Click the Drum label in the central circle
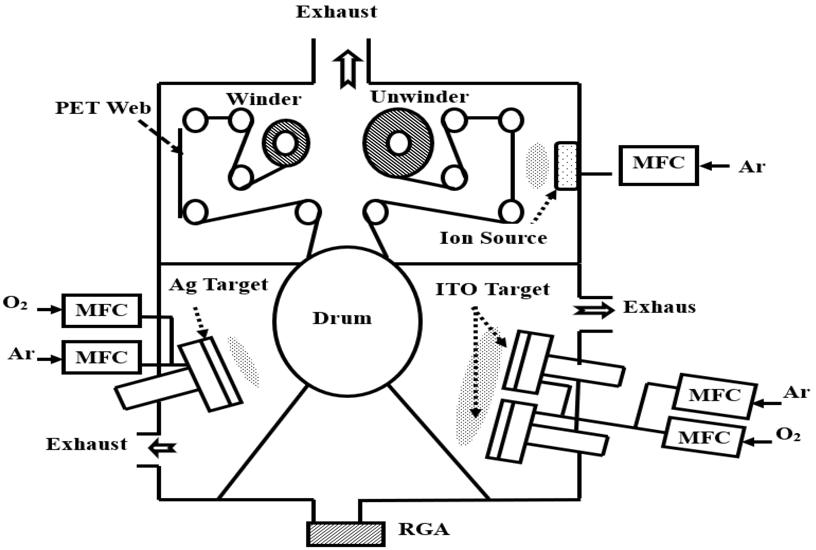342,318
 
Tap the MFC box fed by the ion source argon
658,165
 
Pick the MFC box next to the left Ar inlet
102,357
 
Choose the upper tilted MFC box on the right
714,396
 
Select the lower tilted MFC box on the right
704,437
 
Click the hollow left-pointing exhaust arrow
162,448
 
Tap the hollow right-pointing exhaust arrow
593,310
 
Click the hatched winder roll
286,143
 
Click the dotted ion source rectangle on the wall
565,166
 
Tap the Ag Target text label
218,284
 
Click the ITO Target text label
492,290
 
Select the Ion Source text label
493,238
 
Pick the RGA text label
424,529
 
